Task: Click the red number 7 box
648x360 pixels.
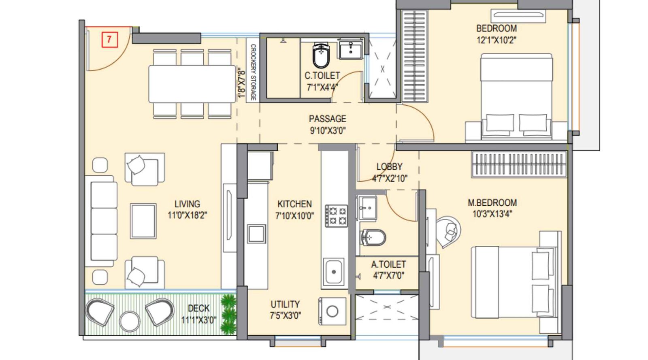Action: tap(109, 40)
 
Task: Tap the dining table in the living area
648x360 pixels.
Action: tap(192, 84)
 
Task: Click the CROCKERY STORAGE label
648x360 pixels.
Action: tap(253, 72)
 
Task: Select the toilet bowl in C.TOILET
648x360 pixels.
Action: tap(321, 56)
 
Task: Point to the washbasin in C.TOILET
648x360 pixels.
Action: tap(351, 50)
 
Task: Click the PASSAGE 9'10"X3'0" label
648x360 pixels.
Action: tap(328, 124)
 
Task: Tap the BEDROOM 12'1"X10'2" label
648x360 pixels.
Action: tap(496, 34)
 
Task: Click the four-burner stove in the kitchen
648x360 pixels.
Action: tap(337, 215)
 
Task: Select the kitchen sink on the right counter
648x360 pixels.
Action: tap(334, 272)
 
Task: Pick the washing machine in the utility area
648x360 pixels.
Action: tap(333, 311)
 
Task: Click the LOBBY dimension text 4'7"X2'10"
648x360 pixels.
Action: tap(390, 178)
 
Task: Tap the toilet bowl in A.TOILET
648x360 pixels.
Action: tap(373, 238)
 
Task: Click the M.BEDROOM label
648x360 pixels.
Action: tap(492, 202)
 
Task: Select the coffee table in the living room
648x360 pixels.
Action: tap(143, 221)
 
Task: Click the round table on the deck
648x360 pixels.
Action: tap(130, 322)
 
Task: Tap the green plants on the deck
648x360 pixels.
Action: tap(228, 313)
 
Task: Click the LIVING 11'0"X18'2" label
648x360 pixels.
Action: tap(187, 209)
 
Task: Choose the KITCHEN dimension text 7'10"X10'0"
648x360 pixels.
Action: tap(294, 216)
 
